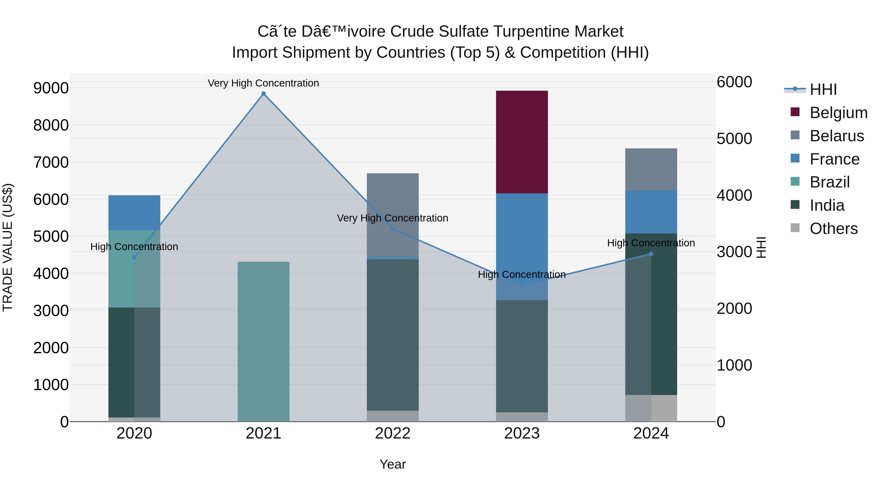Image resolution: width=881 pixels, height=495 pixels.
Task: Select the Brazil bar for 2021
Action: tap(263, 342)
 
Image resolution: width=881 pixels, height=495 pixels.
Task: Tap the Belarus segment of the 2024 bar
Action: tap(651, 169)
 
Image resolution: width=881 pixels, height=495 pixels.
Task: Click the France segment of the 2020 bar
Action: tap(134, 212)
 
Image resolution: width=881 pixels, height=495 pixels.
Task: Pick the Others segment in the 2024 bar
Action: tap(651, 408)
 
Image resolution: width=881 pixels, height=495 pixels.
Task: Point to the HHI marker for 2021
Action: tap(263, 94)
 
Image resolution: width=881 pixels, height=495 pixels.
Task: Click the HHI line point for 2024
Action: tap(651, 254)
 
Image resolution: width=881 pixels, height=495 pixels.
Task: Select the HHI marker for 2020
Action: tap(134, 257)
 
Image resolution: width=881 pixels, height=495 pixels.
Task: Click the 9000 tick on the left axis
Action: tap(51, 88)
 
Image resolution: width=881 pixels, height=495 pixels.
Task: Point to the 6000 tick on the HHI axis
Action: tap(734, 82)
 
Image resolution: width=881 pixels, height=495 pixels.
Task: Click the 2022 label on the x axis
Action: tap(393, 433)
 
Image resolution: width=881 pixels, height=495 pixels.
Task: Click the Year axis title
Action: tap(393, 464)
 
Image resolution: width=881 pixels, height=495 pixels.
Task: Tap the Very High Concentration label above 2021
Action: tap(263, 83)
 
